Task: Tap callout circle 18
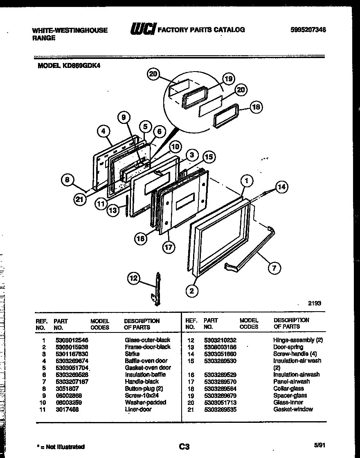256,107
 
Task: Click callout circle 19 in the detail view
228,79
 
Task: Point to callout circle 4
104,131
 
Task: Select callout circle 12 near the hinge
134,279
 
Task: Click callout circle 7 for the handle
274,268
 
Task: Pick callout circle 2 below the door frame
192,291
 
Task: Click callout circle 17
168,247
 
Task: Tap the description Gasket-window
293,409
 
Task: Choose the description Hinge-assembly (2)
298,340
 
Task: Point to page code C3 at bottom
184,447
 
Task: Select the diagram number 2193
315,303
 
